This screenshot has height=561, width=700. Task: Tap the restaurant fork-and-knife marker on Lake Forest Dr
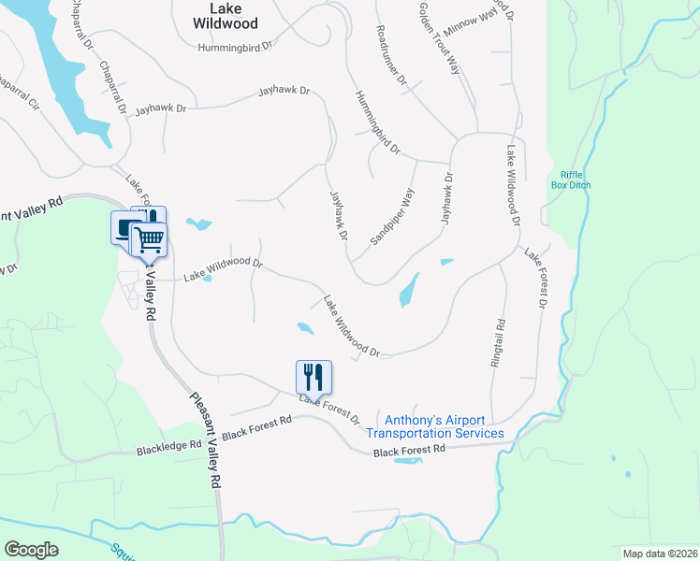tap(314, 378)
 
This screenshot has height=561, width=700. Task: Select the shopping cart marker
tap(149, 239)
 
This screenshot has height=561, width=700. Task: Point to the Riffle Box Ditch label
tap(576, 180)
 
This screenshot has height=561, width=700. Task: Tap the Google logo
tap(32, 549)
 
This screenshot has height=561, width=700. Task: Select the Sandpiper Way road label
tap(392, 217)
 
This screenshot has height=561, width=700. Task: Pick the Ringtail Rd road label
tap(499, 342)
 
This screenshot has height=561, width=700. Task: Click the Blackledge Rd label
tap(169, 447)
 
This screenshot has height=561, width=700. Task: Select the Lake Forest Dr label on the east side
tap(535, 279)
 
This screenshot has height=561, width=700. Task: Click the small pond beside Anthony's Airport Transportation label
tap(408, 460)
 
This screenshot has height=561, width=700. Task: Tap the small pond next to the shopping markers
tap(198, 224)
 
